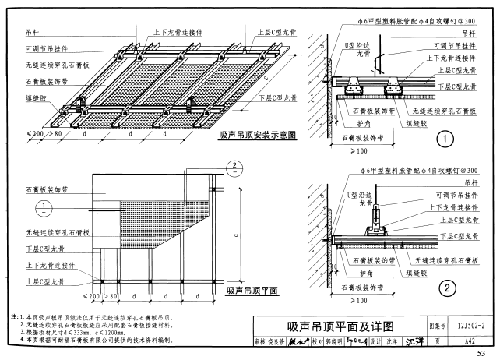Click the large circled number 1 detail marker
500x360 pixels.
[445, 140]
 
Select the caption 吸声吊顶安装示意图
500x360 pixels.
[259, 135]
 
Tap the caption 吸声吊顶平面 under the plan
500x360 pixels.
[251, 289]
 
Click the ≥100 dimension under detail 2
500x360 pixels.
[360, 299]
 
